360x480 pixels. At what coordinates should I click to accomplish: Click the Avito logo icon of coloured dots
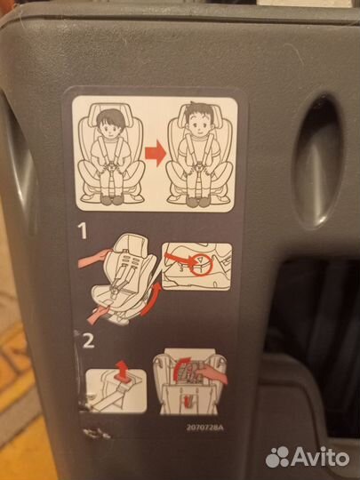click(x=279, y=456)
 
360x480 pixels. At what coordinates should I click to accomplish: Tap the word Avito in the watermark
click(x=323, y=456)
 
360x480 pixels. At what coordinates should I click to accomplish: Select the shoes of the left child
click(x=111, y=199)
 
